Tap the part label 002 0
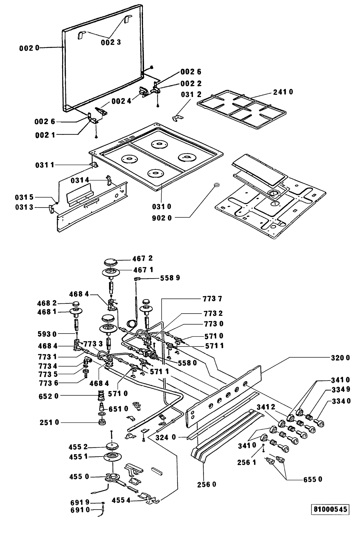click(x=29, y=48)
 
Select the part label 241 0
click(x=283, y=92)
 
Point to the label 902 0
click(x=162, y=218)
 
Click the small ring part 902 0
click(x=216, y=185)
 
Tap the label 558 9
click(x=170, y=278)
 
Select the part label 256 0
click(x=207, y=484)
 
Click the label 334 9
click(x=341, y=389)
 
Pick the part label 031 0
click(x=161, y=207)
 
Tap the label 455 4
click(x=121, y=500)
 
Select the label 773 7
click(x=212, y=298)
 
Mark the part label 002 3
click(x=111, y=42)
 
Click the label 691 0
click(x=80, y=509)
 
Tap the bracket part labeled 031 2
click(x=178, y=118)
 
